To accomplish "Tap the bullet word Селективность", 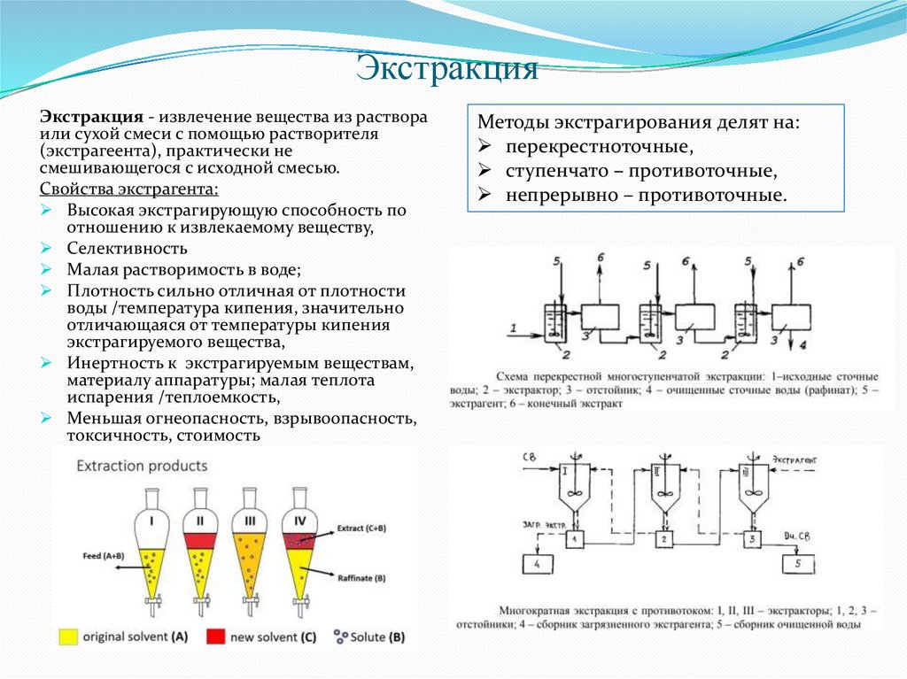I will [127, 249].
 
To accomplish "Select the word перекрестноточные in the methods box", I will [599, 145].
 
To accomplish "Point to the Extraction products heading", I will [142, 466].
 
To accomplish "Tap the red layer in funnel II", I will [201, 538].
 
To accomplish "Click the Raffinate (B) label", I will [361, 577].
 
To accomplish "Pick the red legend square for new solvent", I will [214, 636].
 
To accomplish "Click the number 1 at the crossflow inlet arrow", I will [513, 328].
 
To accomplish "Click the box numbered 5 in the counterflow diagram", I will [798, 562].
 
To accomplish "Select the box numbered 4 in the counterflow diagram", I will [539, 564].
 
